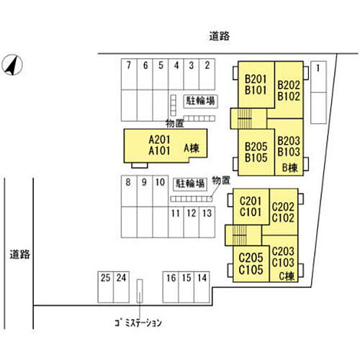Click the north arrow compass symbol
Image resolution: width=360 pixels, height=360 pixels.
(x=12, y=65)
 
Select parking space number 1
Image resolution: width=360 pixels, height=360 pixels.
(x=318, y=92)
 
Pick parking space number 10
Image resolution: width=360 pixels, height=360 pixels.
(x=161, y=191)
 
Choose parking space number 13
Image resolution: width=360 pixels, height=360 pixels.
(x=207, y=222)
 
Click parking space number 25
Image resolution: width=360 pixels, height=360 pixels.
(x=106, y=287)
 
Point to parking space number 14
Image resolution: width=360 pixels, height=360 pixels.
(x=202, y=287)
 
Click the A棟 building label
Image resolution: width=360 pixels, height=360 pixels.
(x=192, y=148)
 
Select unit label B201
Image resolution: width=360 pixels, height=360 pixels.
(x=256, y=79)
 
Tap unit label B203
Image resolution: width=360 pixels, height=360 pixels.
(x=289, y=140)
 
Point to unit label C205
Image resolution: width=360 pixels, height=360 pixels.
(x=251, y=258)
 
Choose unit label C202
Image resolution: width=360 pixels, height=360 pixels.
(x=283, y=207)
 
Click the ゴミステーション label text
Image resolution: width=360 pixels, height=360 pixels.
(x=138, y=323)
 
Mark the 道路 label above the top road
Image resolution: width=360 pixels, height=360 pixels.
(x=220, y=36)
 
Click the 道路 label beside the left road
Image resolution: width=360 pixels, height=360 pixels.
(x=19, y=254)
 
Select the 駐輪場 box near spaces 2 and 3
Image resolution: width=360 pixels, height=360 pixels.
(x=201, y=101)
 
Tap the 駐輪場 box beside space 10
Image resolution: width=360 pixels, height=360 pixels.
(x=190, y=184)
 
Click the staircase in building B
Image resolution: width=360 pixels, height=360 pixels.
(x=245, y=119)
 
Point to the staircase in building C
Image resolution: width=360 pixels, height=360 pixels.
(x=239, y=235)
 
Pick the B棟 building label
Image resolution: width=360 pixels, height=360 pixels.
(x=290, y=168)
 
